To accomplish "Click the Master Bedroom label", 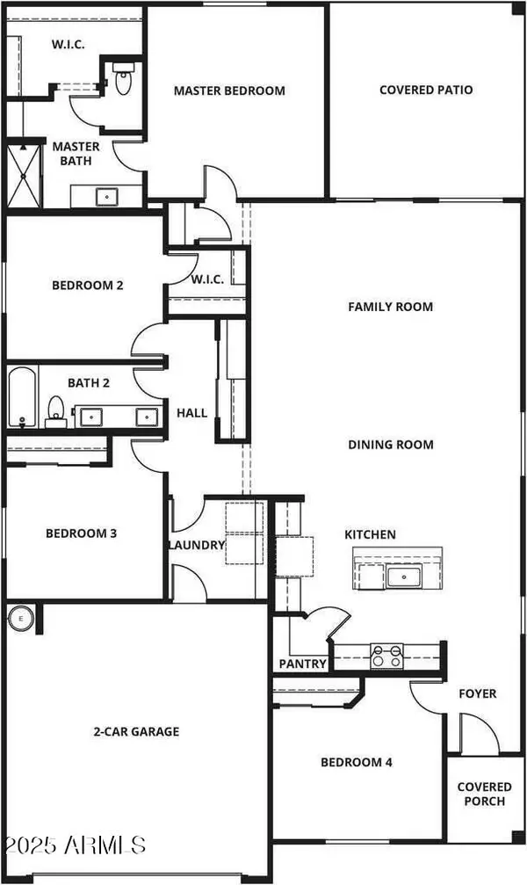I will [x=229, y=91].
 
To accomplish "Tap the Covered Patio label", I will [x=426, y=90].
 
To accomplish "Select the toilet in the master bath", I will [x=123, y=80].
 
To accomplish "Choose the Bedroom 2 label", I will [x=87, y=285].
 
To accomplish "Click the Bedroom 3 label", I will [x=81, y=533].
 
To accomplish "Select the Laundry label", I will [x=197, y=545].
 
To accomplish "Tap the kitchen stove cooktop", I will [x=388, y=655].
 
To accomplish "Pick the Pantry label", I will [x=303, y=664].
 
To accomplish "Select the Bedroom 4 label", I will [x=356, y=762].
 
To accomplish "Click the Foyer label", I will [x=479, y=693].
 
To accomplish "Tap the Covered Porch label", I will [x=481, y=794].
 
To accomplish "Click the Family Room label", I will [x=391, y=307].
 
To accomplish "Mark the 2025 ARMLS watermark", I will [x=74, y=845].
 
